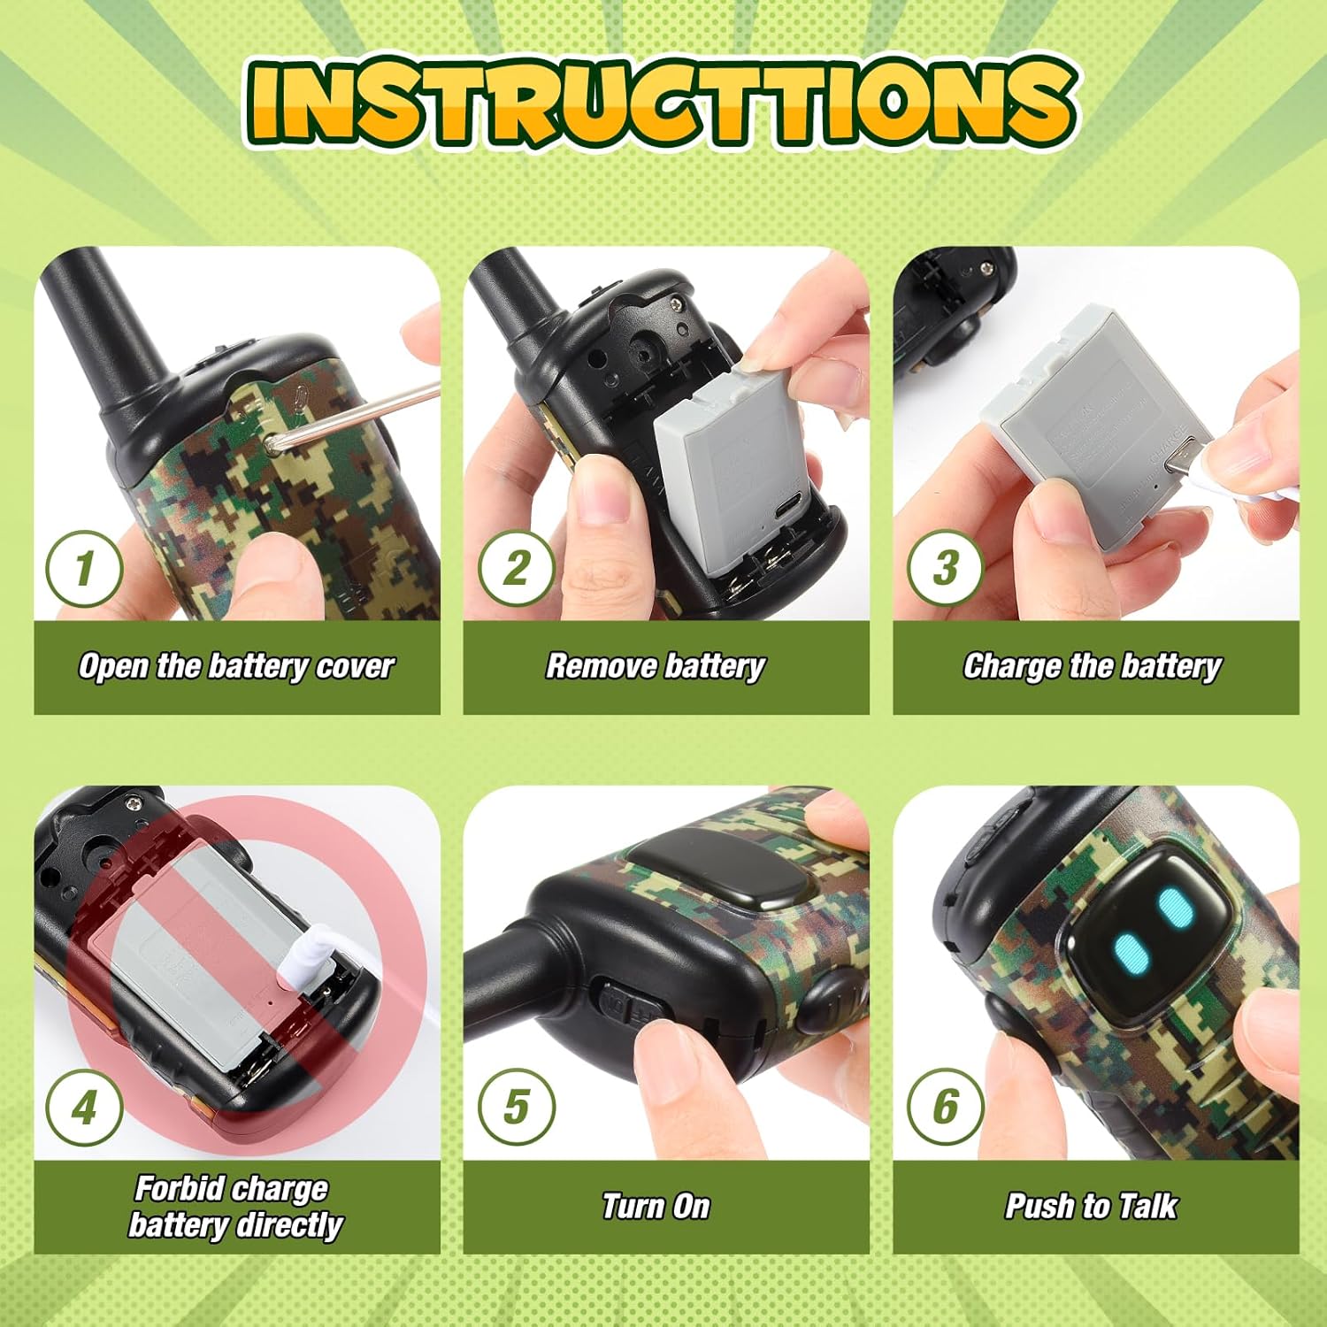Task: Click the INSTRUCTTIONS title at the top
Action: [x=662, y=102]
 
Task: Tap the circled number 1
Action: [x=84, y=568]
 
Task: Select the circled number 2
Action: [x=517, y=568]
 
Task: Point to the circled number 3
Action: [x=946, y=568]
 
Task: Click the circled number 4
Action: [x=84, y=1107]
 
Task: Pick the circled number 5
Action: [x=517, y=1107]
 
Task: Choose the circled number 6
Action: [x=946, y=1107]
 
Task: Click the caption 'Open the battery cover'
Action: [x=236, y=666]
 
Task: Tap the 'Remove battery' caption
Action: [x=656, y=666]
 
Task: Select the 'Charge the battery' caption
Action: [x=1093, y=666]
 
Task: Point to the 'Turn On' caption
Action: [x=656, y=1207]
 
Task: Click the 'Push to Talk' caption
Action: [x=1091, y=1207]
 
